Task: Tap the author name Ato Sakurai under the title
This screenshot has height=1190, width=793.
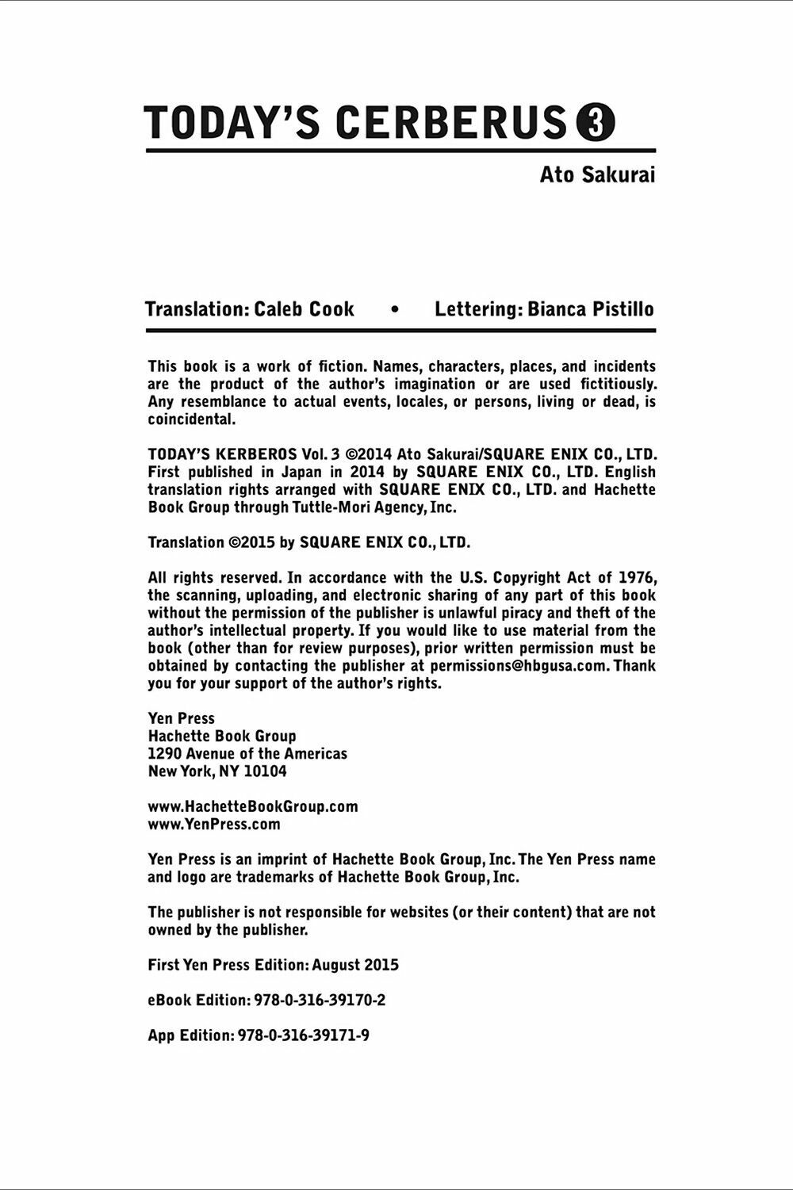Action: point(597,175)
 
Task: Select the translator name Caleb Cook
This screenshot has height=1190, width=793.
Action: point(305,309)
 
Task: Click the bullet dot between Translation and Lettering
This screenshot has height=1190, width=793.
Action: point(395,310)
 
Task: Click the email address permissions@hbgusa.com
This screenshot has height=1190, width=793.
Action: point(519,666)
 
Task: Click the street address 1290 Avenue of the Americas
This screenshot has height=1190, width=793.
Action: point(247,753)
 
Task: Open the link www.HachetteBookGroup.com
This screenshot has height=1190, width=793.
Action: point(253,806)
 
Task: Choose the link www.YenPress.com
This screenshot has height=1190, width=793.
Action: point(214,824)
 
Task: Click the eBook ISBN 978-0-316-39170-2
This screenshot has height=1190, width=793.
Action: point(320,1001)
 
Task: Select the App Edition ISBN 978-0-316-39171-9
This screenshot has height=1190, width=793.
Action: point(304,1035)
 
